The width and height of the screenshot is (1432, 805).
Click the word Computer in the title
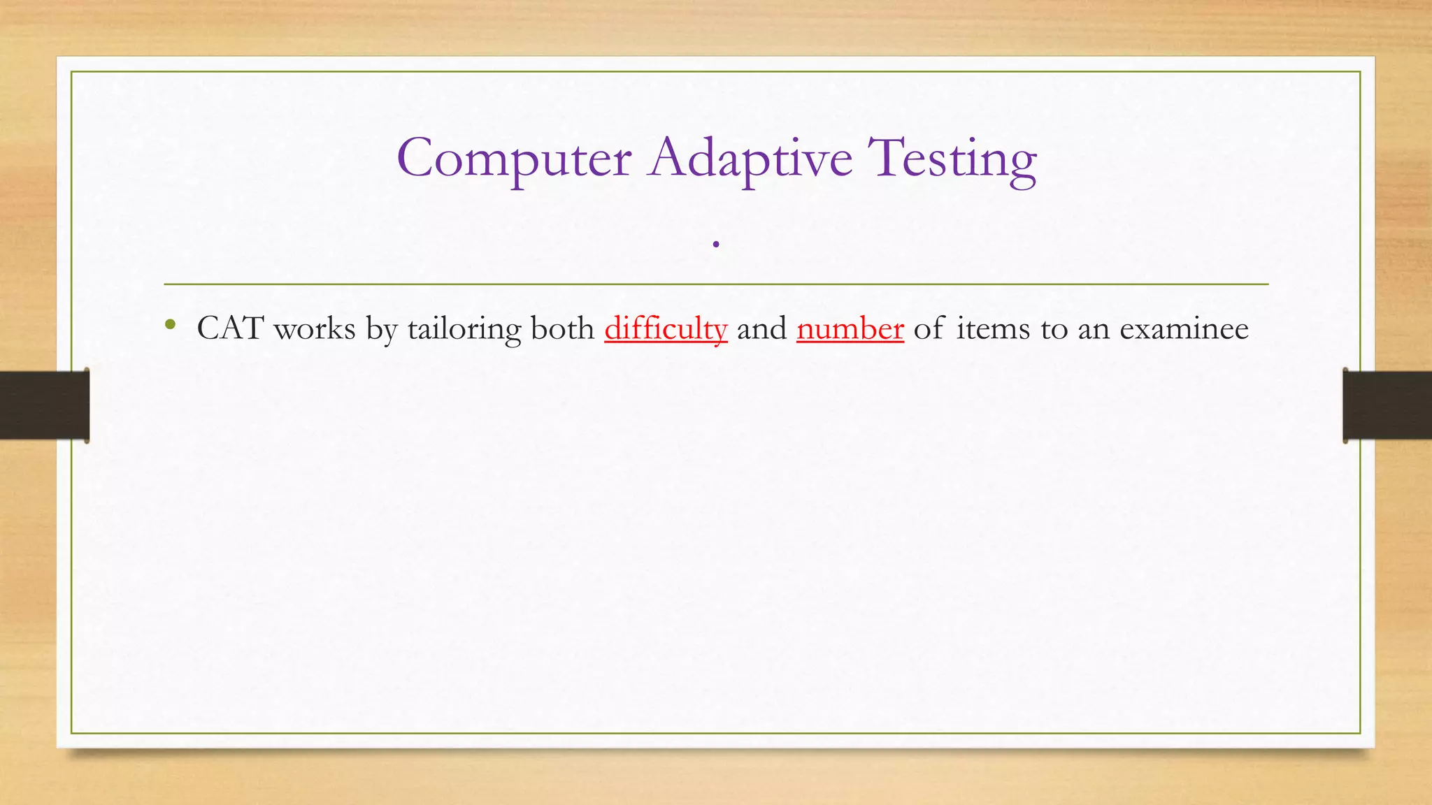click(x=514, y=159)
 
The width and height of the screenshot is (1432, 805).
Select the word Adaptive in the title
click(x=750, y=159)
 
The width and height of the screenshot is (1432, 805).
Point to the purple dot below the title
click(x=716, y=245)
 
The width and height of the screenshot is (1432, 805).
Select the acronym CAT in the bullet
click(x=230, y=328)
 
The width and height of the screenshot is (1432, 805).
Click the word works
click(x=315, y=328)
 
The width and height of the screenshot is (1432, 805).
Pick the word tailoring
click(x=464, y=328)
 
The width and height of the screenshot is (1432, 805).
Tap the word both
click(x=562, y=328)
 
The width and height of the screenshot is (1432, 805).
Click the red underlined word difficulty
click(x=666, y=328)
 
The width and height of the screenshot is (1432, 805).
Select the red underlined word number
click(x=850, y=328)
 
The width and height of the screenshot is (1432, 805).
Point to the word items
click(x=993, y=328)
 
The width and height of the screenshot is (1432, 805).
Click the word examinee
click(x=1184, y=328)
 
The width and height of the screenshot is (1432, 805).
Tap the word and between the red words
click(x=761, y=328)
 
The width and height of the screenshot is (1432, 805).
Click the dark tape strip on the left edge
click(x=44, y=405)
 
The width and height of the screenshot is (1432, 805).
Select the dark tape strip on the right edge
click(x=1387, y=405)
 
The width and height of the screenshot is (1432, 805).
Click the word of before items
click(x=929, y=328)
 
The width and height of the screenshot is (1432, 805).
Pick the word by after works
click(x=382, y=328)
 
